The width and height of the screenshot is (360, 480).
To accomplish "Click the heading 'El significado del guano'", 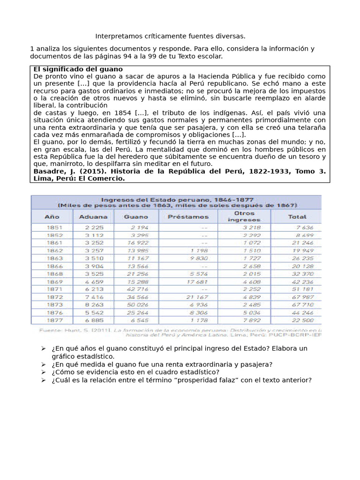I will point(78,69).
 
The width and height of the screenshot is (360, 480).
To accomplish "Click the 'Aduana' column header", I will point(93,217).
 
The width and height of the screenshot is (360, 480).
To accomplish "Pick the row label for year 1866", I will point(52,266).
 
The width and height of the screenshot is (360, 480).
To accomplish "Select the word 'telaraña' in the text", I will point(311,127).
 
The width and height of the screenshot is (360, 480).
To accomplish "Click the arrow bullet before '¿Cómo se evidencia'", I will point(43,372).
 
